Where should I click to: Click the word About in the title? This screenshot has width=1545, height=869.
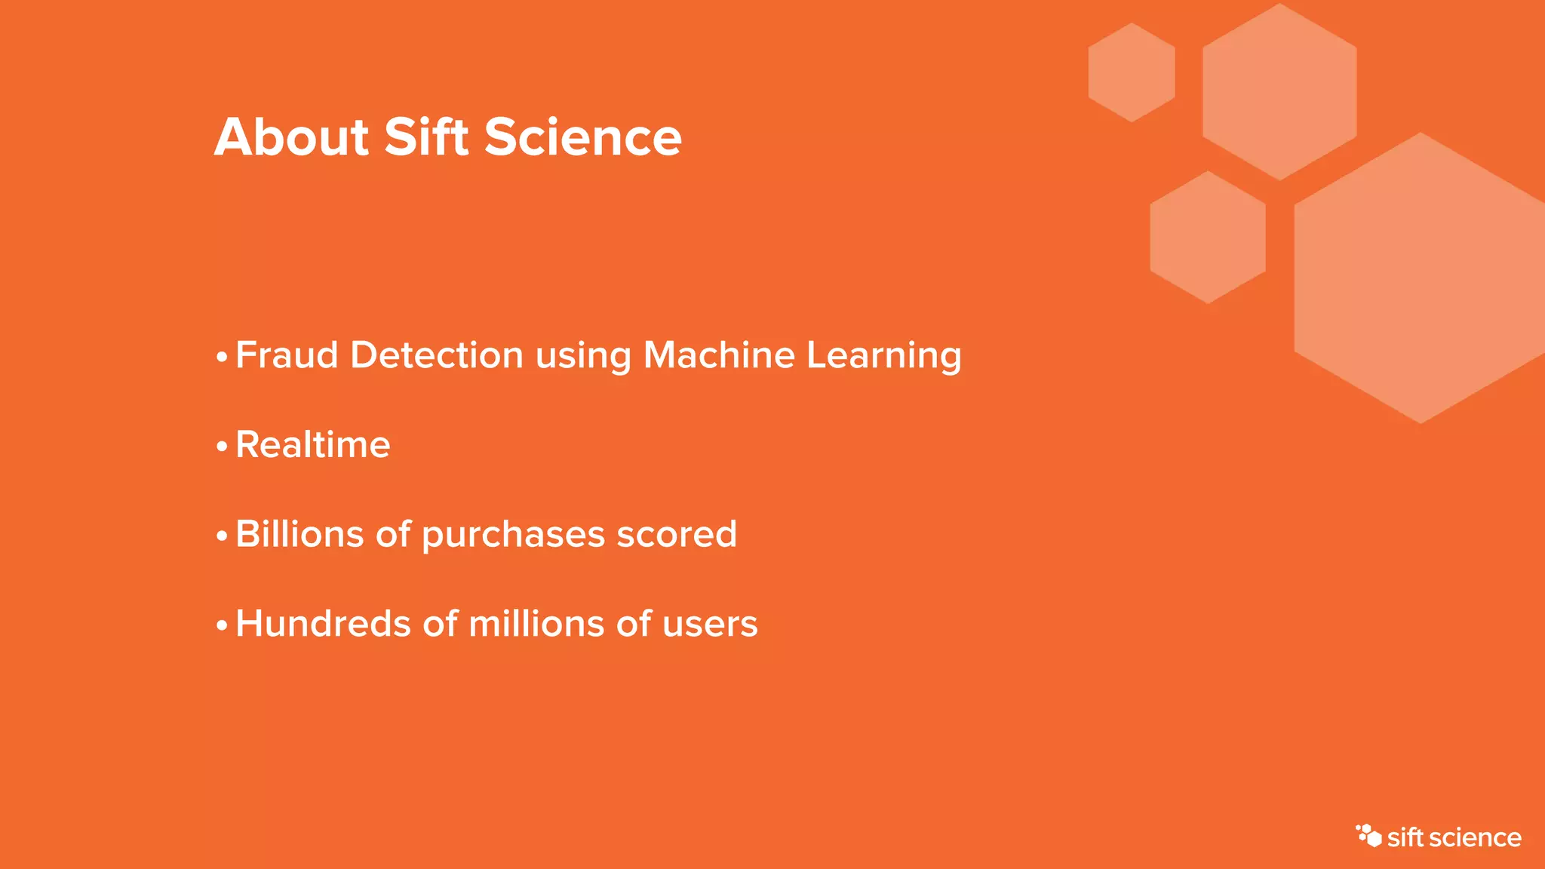click(x=291, y=137)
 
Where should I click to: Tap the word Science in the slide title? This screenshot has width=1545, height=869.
click(x=582, y=137)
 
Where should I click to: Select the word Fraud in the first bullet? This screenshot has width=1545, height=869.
click(x=287, y=355)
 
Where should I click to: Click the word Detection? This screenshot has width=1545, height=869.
click(x=437, y=355)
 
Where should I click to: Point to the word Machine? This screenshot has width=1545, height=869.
click(x=719, y=355)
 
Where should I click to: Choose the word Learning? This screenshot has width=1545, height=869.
click(x=883, y=356)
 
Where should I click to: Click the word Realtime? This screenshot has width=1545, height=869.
click(x=313, y=444)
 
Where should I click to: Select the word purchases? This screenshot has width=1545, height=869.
click(x=513, y=536)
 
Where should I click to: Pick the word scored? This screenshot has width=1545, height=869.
click(x=677, y=534)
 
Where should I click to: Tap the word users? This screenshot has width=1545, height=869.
click(x=710, y=625)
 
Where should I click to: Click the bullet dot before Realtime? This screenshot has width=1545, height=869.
click(x=222, y=447)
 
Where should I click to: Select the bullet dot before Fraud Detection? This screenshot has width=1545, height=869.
click(x=222, y=357)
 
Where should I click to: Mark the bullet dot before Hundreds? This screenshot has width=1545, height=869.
click(x=222, y=626)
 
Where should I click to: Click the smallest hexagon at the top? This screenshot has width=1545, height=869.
click(x=1132, y=72)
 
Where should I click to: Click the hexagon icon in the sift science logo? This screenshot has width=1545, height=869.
click(x=1368, y=836)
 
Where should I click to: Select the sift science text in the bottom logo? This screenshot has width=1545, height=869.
click(x=1454, y=838)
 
